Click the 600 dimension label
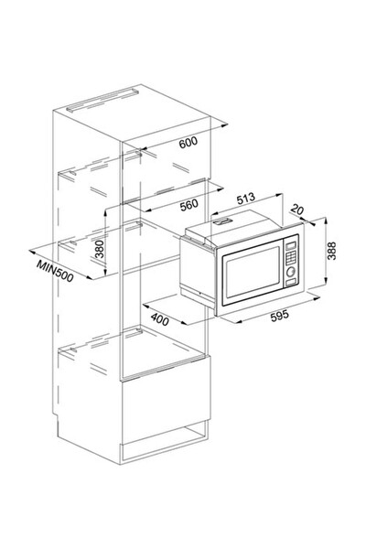tap(188, 142)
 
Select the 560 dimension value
tap(189, 204)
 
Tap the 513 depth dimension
tap(246, 199)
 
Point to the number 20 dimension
tap(297, 210)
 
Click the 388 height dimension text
tap(331, 251)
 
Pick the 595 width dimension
tap(280, 315)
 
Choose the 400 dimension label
tap(160, 319)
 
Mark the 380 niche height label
tap(100, 249)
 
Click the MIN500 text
tap(55, 272)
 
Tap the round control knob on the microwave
tap(290, 272)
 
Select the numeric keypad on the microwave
tap(291, 257)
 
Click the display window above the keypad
tap(291, 244)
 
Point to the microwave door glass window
tap(253, 272)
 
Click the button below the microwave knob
tap(290, 282)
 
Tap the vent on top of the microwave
tap(222, 221)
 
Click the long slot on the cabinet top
tap(102, 100)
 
